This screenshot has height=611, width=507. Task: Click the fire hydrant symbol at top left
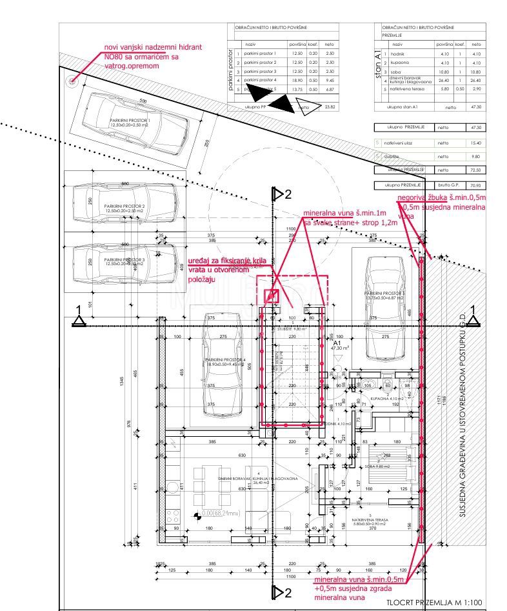point(71,80)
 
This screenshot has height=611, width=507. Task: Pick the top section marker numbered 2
point(279,194)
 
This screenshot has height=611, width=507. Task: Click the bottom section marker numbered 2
point(279,592)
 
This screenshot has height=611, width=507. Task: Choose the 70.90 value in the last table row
point(476,185)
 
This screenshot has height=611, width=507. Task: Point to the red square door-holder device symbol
point(272,296)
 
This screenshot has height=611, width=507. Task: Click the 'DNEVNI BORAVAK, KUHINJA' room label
point(256,478)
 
